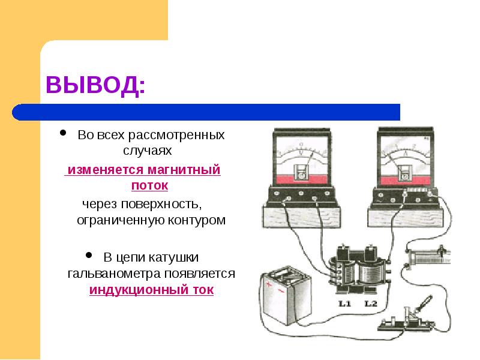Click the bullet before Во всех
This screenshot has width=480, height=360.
point(63,133)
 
